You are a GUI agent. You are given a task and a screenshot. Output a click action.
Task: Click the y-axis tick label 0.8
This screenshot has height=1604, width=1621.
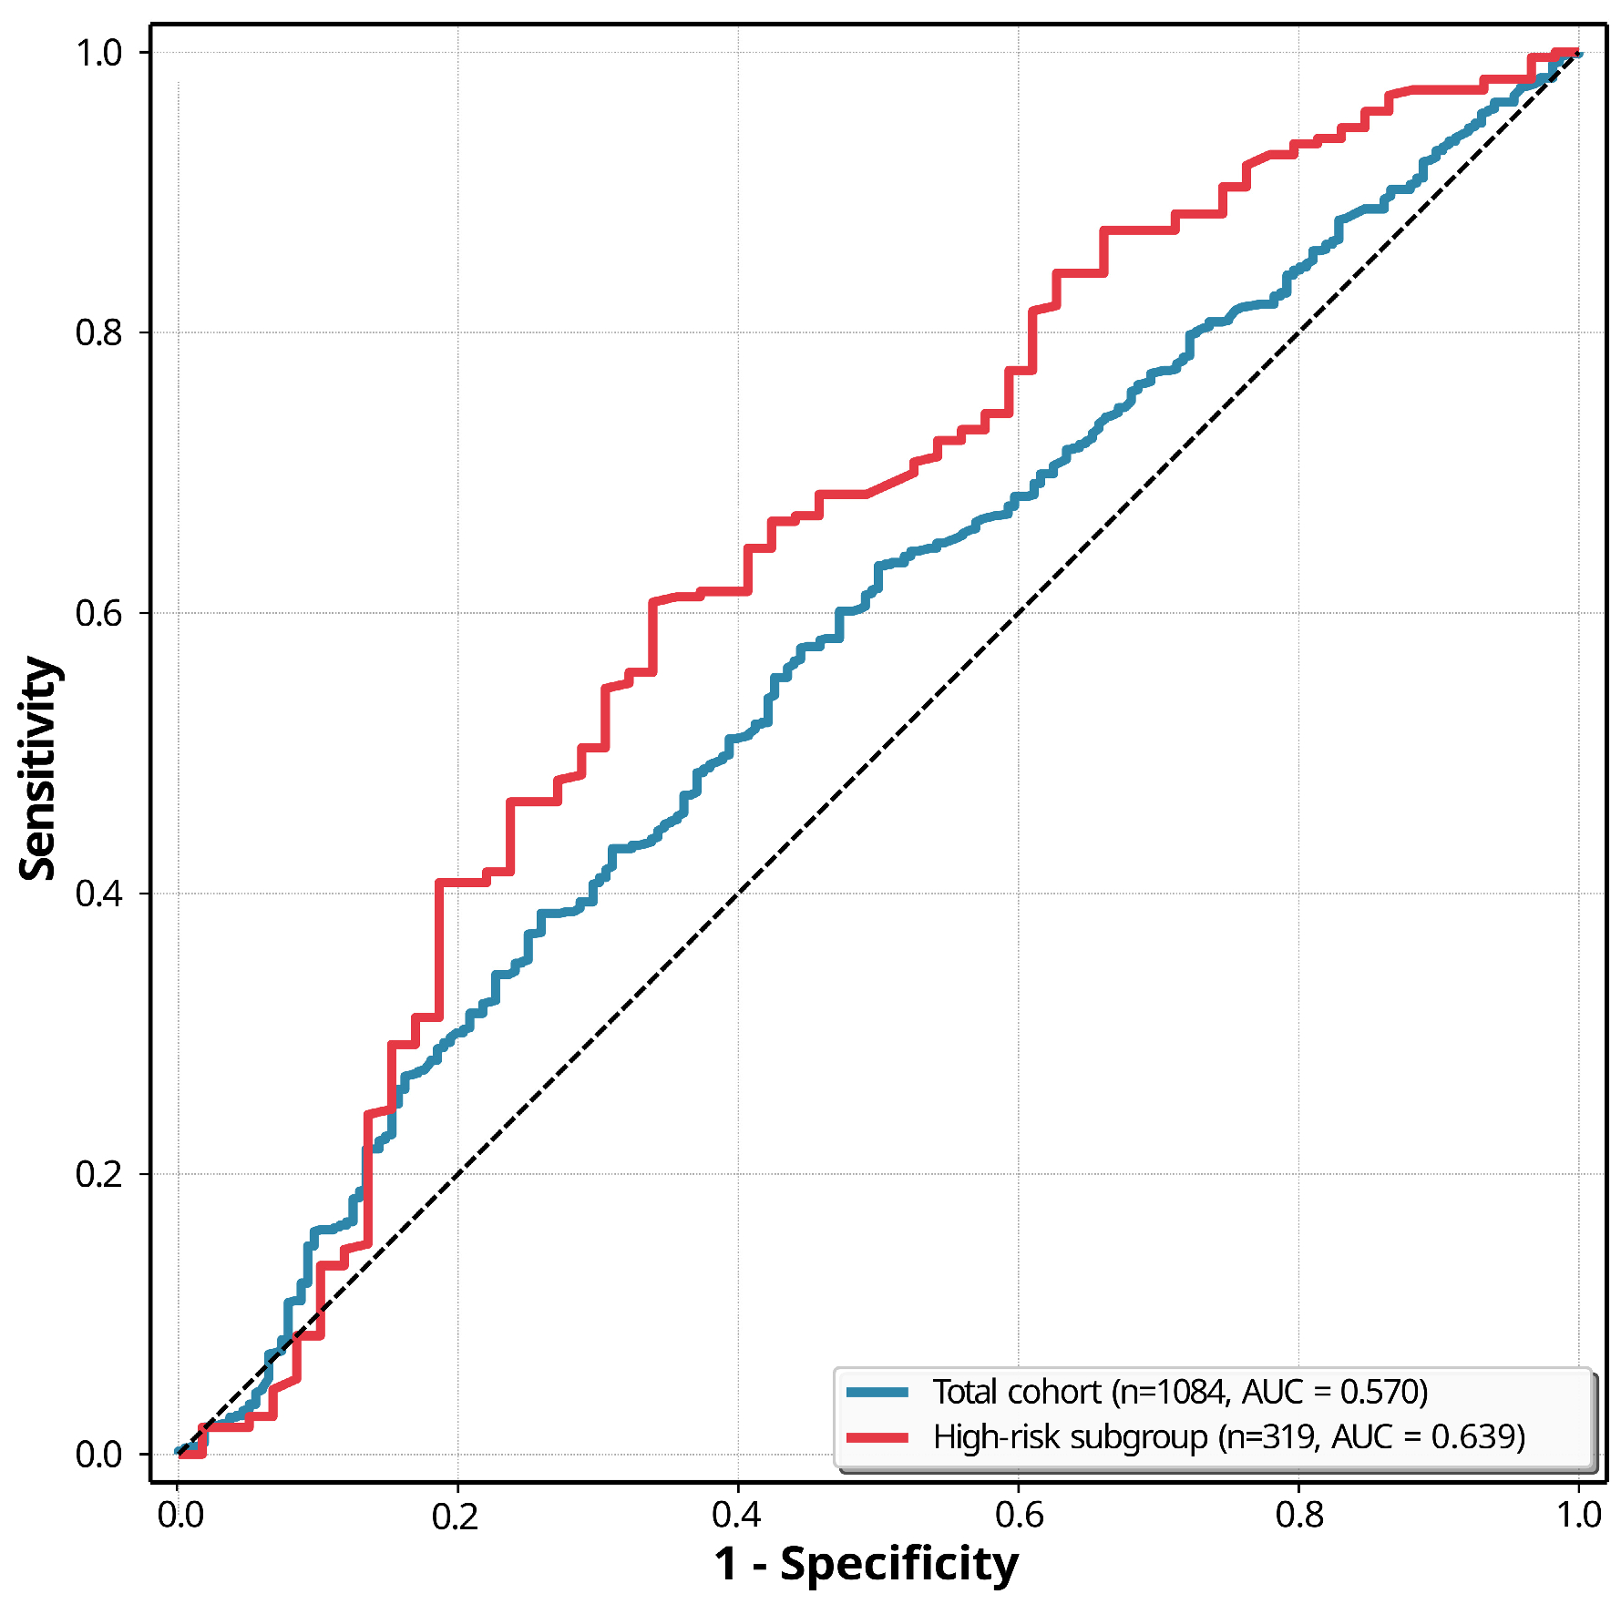click(x=98, y=332)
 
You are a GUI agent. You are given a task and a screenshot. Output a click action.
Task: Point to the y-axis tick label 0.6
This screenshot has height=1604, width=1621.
click(x=98, y=613)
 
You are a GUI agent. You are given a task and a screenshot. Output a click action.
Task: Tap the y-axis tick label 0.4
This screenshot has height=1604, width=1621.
click(x=98, y=894)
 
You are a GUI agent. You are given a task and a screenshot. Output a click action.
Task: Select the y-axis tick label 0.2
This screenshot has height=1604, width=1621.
click(x=98, y=1174)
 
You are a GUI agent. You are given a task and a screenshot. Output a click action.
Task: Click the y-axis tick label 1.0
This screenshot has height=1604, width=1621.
click(x=98, y=53)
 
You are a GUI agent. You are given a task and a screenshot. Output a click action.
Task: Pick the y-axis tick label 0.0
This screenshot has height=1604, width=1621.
click(x=98, y=1455)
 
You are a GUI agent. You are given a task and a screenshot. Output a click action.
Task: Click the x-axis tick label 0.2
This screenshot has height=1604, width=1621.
click(x=456, y=1516)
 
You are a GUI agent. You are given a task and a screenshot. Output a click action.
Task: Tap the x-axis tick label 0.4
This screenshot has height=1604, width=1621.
click(x=737, y=1516)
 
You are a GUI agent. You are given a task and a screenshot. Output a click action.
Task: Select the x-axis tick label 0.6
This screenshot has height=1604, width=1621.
click(x=1019, y=1516)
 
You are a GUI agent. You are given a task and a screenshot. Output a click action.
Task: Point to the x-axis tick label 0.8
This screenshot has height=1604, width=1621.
click(x=1299, y=1516)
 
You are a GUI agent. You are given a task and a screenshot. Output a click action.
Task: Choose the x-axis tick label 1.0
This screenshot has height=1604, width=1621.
click(x=1579, y=1516)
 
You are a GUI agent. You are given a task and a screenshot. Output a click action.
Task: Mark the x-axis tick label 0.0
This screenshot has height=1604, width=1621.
click(x=180, y=1516)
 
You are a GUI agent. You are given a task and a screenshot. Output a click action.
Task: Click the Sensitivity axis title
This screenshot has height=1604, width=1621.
click(x=38, y=769)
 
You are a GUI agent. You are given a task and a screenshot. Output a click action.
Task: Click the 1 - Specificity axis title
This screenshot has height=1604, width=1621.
click(x=867, y=1565)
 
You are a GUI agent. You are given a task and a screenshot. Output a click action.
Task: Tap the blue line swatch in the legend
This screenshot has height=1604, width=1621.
click(x=877, y=1392)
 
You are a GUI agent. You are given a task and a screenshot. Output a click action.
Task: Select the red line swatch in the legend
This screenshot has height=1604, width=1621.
click(x=877, y=1437)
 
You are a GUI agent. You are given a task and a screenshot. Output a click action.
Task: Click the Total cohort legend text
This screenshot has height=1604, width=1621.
click(x=1017, y=1392)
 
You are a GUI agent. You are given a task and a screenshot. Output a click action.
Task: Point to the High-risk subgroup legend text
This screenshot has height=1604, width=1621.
click(x=1071, y=1437)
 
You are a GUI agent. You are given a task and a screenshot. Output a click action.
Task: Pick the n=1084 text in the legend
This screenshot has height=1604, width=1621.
click(x=1172, y=1393)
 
